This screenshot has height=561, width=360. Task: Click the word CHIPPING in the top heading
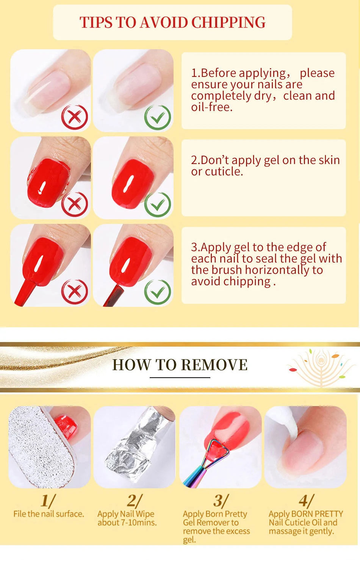(228, 23)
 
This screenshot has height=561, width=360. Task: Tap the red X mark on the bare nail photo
(74, 117)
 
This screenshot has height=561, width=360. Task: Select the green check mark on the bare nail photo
(158, 117)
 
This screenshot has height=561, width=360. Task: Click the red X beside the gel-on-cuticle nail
(74, 205)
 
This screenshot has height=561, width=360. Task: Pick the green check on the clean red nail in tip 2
(158, 205)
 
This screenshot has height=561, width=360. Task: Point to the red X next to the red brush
(74, 292)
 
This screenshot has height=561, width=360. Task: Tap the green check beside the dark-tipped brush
(158, 292)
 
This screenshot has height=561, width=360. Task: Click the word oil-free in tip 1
(212, 107)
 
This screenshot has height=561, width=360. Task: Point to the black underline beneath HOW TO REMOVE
(180, 377)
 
